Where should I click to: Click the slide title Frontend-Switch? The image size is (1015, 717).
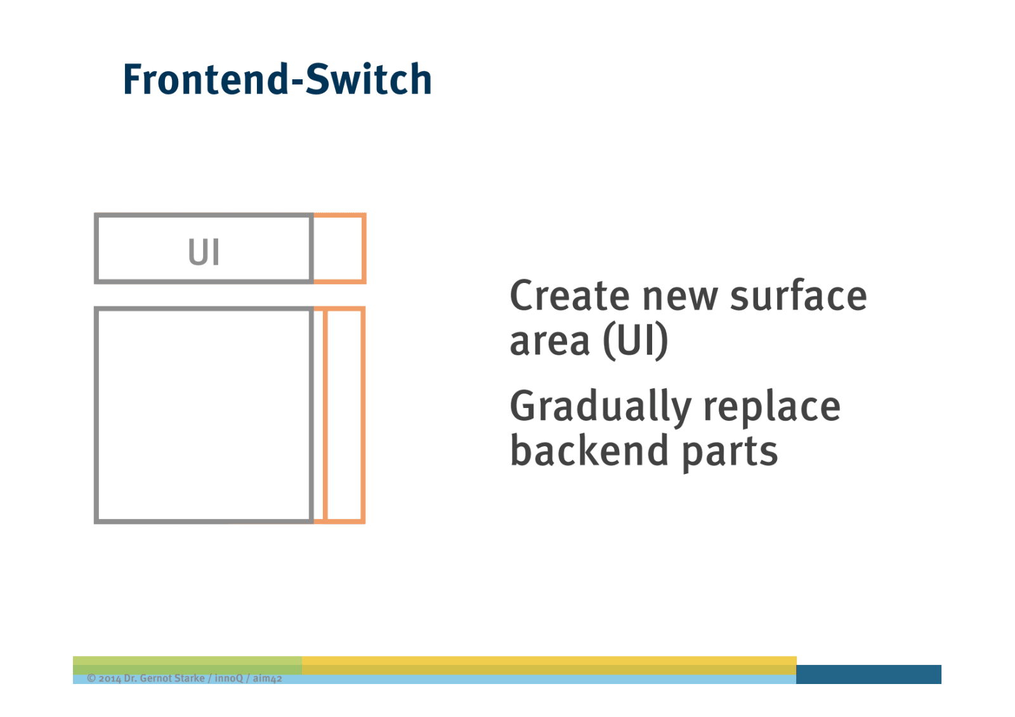point(277,80)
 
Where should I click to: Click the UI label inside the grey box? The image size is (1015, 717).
point(204,252)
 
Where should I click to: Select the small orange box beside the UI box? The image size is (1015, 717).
point(340,248)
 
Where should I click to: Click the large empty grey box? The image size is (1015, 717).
point(204,415)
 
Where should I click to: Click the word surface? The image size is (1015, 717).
point(798,296)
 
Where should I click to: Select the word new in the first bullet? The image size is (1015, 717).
point(680,296)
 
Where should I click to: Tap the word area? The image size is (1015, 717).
point(549,341)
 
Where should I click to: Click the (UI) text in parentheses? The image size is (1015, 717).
point(635,341)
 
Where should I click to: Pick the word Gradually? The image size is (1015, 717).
point(600,407)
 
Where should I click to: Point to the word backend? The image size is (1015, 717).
point(589,451)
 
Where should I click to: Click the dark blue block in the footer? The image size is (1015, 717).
point(868,674)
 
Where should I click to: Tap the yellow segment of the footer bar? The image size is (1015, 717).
point(549,664)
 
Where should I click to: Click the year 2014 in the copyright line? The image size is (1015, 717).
point(109,678)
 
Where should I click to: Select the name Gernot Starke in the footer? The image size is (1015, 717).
point(172,678)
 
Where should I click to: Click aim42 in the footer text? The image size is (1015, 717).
point(267,678)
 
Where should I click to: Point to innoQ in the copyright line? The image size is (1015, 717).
point(228,678)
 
